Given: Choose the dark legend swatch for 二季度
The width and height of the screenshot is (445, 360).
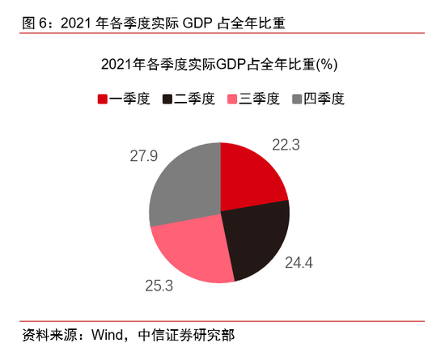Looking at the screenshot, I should click(167, 100).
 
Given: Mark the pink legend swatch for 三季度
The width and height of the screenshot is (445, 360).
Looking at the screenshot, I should click(233, 100).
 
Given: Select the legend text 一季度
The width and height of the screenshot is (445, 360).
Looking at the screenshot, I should click(129, 100).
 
